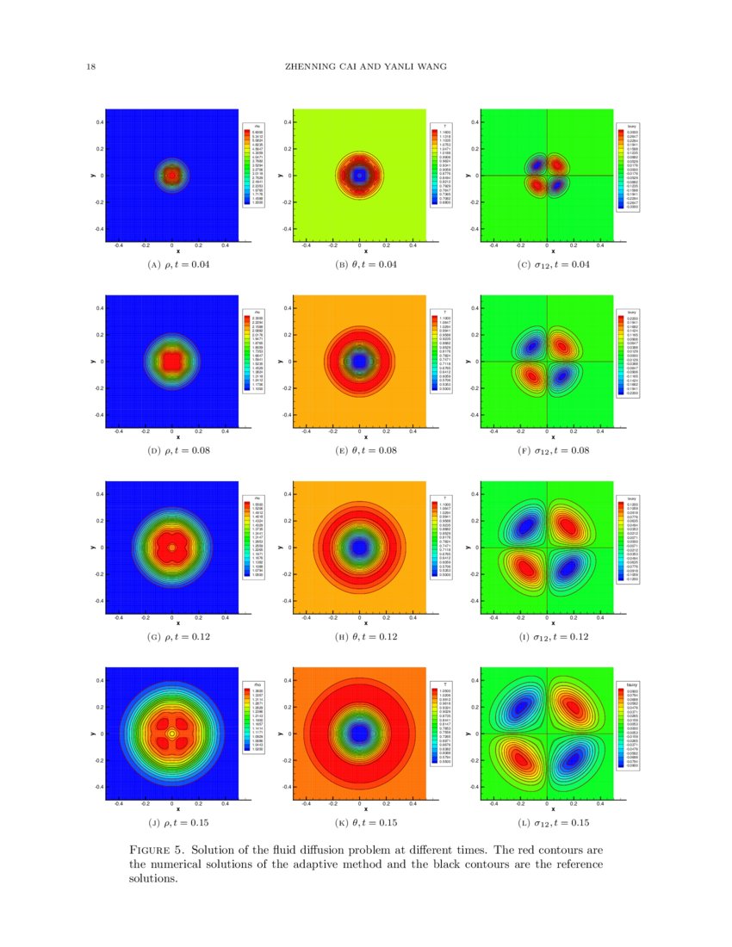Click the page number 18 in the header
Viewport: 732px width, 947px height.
[90, 68]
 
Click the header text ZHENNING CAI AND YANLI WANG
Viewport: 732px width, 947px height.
[365, 68]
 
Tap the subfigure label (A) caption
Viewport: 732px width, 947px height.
[179, 264]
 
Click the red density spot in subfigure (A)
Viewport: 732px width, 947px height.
[172, 176]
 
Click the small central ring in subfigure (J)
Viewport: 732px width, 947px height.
[172, 733]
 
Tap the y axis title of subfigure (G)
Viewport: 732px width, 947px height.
[92, 548]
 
